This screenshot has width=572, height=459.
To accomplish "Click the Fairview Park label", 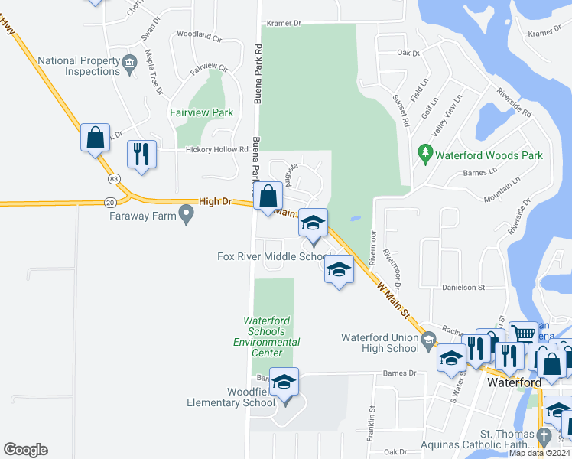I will (x=201, y=112).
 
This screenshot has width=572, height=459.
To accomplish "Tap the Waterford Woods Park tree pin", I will (x=426, y=155).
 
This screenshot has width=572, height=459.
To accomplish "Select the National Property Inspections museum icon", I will (x=128, y=61).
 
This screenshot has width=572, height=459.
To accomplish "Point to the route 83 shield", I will (x=114, y=178).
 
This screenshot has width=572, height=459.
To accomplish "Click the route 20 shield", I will (x=110, y=202).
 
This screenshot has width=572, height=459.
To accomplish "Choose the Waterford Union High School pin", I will (x=427, y=338).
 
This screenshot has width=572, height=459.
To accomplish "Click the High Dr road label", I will (x=214, y=201).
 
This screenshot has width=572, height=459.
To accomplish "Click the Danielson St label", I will (x=463, y=288).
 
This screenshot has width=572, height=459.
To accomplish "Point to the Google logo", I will (x=25, y=450).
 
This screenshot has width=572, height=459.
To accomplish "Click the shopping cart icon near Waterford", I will (x=522, y=334).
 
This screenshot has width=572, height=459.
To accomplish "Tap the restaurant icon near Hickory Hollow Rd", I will (x=141, y=153).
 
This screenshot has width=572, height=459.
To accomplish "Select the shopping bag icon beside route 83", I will (x=96, y=138).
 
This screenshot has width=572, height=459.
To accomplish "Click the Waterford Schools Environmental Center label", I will (x=264, y=337).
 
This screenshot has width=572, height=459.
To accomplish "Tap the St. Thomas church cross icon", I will (x=543, y=436).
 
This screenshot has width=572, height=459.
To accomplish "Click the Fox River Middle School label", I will (x=273, y=256).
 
